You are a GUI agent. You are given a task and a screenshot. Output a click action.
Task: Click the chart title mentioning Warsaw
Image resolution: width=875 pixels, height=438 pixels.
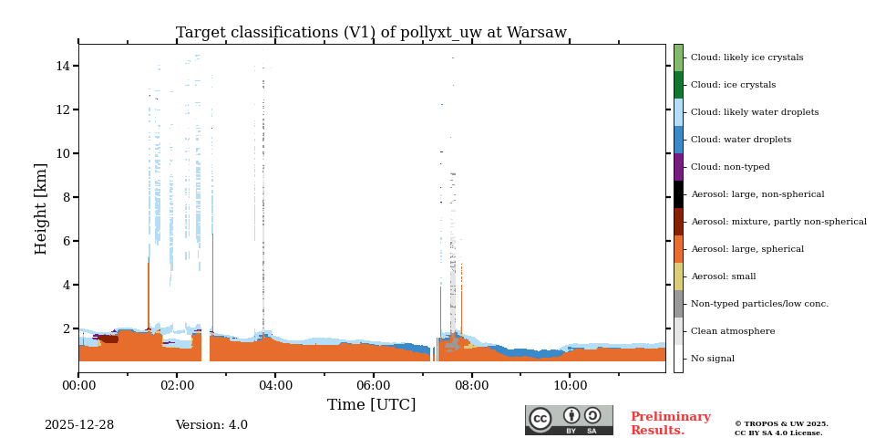click(371, 33)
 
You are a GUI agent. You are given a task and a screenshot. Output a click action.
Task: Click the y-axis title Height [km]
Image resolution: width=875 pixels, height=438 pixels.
click(41, 208)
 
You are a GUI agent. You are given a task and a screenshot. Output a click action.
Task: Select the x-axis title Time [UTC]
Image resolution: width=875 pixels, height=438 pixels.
click(371, 404)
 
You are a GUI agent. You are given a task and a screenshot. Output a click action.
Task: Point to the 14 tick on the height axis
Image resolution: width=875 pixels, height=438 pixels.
click(63, 66)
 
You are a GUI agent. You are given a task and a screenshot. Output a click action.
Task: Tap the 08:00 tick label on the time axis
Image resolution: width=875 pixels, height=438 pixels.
click(471, 385)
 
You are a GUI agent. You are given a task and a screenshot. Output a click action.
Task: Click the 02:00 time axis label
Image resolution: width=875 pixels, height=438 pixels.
click(177, 385)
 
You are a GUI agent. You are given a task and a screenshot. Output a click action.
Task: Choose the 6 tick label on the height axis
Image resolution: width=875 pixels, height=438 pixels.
click(67, 241)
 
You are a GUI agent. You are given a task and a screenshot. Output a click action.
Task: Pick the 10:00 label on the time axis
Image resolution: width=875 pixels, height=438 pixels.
click(570, 385)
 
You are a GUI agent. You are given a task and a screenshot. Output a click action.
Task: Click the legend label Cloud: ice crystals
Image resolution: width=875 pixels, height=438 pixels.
click(733, 85)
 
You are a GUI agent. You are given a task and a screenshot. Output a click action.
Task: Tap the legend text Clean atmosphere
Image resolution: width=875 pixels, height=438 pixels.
click(733, 331)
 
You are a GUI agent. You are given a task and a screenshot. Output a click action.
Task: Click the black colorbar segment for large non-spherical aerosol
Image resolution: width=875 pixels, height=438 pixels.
click(678, 194)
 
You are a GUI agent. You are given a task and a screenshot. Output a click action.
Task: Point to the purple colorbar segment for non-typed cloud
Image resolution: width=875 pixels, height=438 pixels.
click(678, 167)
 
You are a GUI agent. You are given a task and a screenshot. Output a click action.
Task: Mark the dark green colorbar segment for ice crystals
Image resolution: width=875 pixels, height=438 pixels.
click(678, 85)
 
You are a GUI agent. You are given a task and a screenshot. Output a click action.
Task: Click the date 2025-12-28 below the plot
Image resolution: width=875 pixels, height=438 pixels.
click(79, 425)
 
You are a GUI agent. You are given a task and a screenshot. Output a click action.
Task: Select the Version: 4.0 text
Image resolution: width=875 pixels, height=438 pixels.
click(211, 425)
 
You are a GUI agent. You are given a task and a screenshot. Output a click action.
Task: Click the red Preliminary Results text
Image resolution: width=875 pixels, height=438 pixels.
click(670, 423)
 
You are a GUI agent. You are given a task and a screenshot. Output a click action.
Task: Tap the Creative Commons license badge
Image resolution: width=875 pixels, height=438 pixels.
click(569, 420)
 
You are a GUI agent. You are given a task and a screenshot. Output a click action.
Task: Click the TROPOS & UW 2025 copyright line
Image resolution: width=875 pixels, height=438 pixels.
click(781, 424)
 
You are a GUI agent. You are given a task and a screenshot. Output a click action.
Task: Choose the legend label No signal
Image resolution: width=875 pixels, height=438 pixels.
click(712, 359)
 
